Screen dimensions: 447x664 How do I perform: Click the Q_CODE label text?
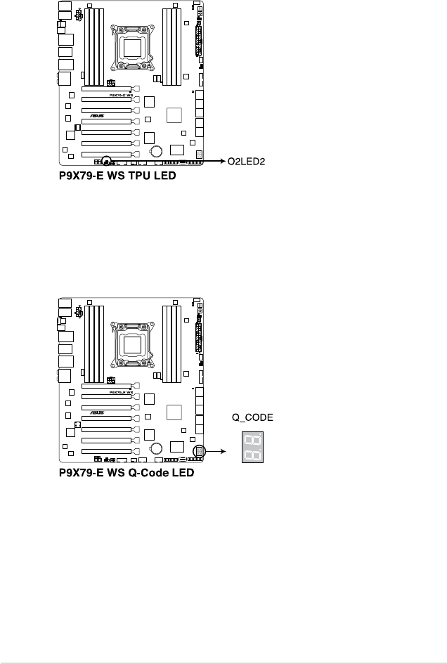[x=253, y=417]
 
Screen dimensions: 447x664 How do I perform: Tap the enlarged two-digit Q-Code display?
[x=252, y=446]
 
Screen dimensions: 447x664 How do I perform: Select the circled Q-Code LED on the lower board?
[x=199, y=453]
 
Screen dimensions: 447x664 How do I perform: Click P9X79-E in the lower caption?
[x=81, y=473]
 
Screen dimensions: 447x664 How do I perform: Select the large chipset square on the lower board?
[x=174, y=412]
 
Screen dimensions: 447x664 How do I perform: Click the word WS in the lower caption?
[x=117, y=473]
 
